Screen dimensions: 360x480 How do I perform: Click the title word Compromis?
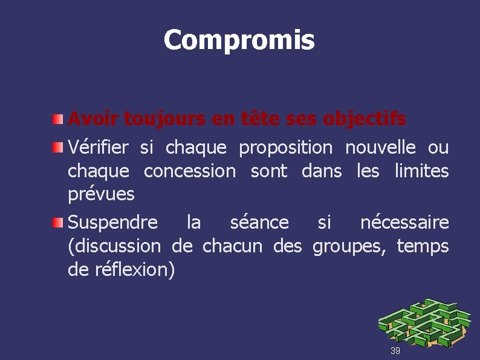(x=239, y=40)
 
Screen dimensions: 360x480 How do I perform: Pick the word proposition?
(x=285, y=147)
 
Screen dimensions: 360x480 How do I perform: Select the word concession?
(x=190, y=171)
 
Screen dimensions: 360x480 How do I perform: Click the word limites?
(x=421, y=171)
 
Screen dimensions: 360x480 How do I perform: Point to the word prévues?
(x=101, y=195)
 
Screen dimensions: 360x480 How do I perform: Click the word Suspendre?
(x=112, y=223)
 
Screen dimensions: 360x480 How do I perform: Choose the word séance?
(x=259, y=223)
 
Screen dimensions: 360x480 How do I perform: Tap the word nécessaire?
(x=404, y=223)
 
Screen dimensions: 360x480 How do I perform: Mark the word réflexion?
(x=135, y=270)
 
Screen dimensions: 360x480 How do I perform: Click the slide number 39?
(x=395, y=351)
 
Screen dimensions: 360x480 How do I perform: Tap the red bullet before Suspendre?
(x=57, y=223)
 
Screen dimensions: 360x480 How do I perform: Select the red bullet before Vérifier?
(x=57, y=148)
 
